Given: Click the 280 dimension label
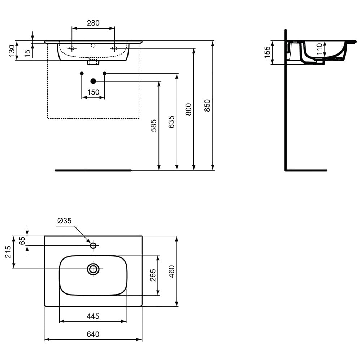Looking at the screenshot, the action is [x=93, y=23].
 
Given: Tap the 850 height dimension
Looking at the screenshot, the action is [x=208, y=105].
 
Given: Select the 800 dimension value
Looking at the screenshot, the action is [x=188, y=109].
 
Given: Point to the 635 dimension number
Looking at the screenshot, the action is [x=171, y=122].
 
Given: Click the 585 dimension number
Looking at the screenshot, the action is [x=153, y=126].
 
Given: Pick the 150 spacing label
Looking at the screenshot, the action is [x=93, y=92].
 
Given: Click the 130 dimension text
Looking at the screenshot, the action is [x=12, y=51].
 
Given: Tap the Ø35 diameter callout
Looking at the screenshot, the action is [x=65, y=221].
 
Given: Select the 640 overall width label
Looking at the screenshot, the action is [x=93, y=334].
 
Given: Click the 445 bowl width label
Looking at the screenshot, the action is [x=93, y=316].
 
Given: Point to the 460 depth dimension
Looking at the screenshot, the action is [x=172, y=271].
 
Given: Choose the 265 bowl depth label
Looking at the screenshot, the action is [x=153, y=275].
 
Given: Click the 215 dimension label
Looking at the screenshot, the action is [x=8, y=252].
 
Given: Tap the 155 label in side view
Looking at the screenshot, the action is [x=267, y=52].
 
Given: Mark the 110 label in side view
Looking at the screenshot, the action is [x=319, y=49].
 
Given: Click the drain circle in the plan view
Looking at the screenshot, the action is [x=93, y=268].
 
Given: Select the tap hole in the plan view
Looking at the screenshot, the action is [x=93, y=245].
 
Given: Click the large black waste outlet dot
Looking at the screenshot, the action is [x=93, y=81].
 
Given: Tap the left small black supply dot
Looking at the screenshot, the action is [x=82, y=73].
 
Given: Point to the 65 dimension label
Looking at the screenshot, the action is [x=22, y=240].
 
